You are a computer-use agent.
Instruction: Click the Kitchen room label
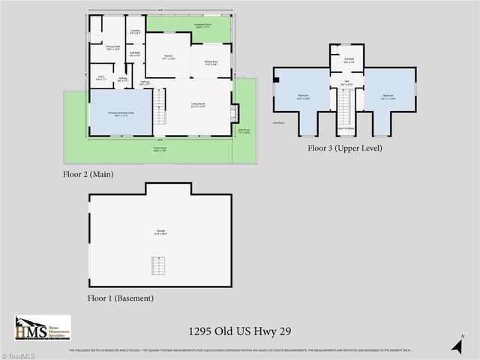click(x=169, y=57)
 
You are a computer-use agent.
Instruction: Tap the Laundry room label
click(x=135, y=32)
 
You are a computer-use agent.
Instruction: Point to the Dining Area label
click(x=211, y=63)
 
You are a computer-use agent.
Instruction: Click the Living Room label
click(x=198, y=105)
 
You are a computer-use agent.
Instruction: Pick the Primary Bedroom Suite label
click(x=120, y=113)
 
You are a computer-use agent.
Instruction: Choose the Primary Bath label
click(x=112, y=48)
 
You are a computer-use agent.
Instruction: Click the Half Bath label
click(x=135, y=54)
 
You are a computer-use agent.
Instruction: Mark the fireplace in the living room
click(x=235, y=113)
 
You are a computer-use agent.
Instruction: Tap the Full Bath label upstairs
click(x=349, y=60)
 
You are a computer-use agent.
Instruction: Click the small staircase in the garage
click(x=157, y=266)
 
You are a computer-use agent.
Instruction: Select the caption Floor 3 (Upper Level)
click(x=345, y=148)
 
